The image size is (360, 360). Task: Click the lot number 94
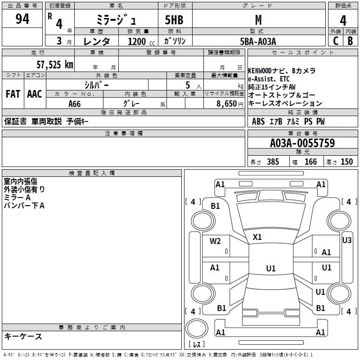click(x=22, y=19)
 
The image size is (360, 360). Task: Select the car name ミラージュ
click(x=115, y=20)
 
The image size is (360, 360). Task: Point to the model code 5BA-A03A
click(x=258, y=41)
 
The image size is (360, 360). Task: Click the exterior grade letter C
click(x=335, y=41)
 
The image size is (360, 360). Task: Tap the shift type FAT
click(x=13, y=94)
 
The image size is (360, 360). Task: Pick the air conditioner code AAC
click(x=35, y=94)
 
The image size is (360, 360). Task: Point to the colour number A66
click(x=74, y=104)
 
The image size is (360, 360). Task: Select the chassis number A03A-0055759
click(x=302, y=143)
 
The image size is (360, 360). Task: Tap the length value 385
click(x=273, y=162)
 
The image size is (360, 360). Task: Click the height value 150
click(x=346, y=162)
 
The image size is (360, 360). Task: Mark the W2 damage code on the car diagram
click(x=215, y=241)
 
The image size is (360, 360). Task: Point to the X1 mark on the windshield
click(x=257, y=237)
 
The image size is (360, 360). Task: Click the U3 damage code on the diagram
click(x=347, y=240)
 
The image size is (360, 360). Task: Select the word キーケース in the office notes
click(x=23, y=336)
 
